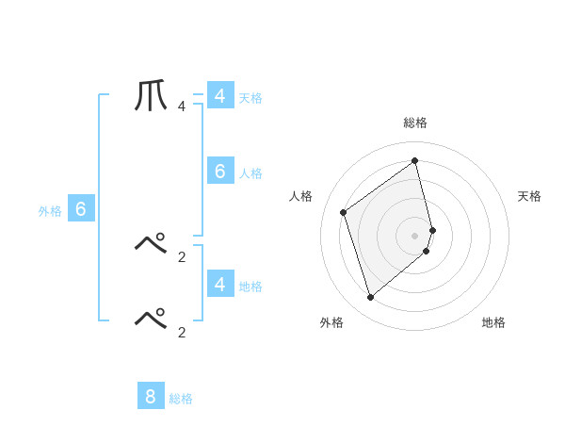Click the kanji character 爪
(152, 95)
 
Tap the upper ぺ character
(152, 244)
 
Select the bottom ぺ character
(152, 319)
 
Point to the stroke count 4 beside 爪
(182, 107)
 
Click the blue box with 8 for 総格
(151, 396)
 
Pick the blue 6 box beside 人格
(220, 171)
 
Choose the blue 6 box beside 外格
(81, 209)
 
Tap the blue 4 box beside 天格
(220, 95)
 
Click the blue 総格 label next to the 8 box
(181, 399)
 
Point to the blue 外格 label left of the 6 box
(50, 211)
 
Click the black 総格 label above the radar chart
(415, 123)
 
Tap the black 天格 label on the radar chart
(530, 196)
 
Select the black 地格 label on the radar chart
(493, 322)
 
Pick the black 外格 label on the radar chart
(331, 322)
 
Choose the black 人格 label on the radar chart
(300, 196)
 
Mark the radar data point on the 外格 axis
(370, 298)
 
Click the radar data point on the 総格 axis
(415, 160)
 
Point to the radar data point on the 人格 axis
(344, 212)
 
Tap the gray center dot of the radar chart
(415, 235)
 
